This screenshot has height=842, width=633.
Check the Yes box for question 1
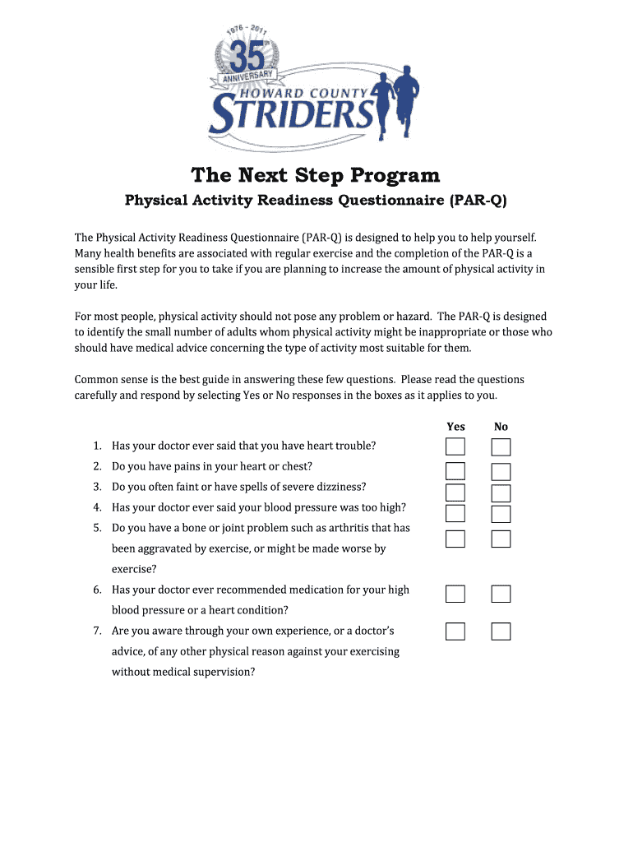(455, 447)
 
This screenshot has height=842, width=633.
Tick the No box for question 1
(501, 447)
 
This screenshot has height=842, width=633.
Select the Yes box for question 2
(455, 471)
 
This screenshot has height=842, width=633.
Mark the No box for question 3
(501, 493)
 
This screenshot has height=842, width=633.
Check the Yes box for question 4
(455, 513)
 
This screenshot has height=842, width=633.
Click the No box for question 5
(501, 539)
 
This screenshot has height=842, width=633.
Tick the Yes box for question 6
(455, 594)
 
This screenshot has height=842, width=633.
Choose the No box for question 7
(501, 631)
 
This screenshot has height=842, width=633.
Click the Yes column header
(455, 426)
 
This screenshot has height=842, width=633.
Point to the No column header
(501, 426)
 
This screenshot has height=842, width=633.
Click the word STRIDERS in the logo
(292, 115)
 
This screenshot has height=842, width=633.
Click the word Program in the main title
(395, 176)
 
